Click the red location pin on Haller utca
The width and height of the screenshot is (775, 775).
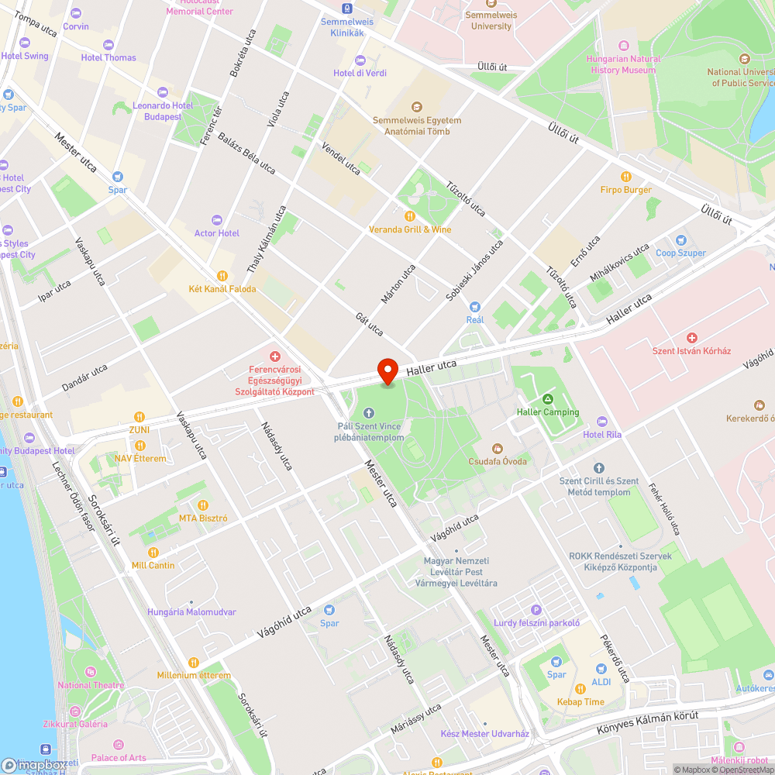tap(387, 371)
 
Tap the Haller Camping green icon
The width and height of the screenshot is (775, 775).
tap(548, 399)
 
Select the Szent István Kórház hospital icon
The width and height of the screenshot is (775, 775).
tap(692, 338)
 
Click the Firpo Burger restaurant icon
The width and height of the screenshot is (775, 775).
tap(626, 177)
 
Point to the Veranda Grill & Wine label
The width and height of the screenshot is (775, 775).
tap(410, 229)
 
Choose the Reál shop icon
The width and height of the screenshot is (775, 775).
tap(475, 307)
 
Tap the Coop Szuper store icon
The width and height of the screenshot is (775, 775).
tap(680, 240)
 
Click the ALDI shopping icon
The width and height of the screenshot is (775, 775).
tap(601, 669)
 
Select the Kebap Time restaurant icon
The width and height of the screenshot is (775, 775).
tap(580, 689)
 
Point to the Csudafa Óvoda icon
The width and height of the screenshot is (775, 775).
tap(497, 448)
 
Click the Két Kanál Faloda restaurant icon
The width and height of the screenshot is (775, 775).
tap(222, 275)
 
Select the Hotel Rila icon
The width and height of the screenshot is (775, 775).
tap(602, 422)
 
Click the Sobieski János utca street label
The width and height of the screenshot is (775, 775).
tap(474, 270)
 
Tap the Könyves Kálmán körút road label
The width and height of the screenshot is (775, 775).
tap(647, 723)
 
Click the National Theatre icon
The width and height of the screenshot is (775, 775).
tap(91, 672)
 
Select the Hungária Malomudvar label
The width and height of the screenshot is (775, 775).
tap(191, 611)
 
